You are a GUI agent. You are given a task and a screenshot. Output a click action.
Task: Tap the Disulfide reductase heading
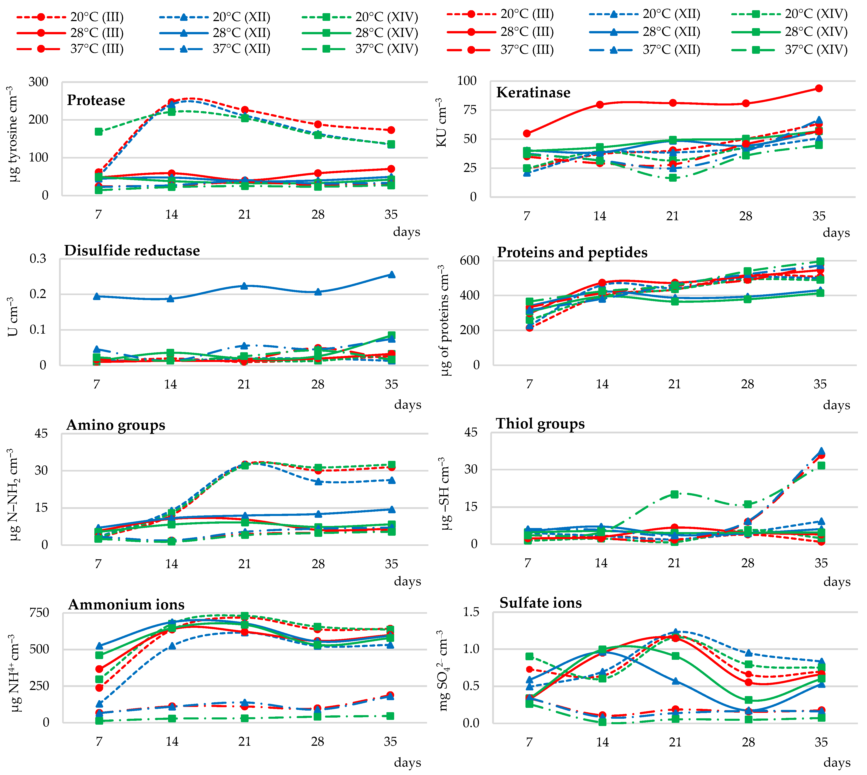(x=132, y=250)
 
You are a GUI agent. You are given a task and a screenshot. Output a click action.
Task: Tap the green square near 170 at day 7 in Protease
(x=99, y=132)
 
